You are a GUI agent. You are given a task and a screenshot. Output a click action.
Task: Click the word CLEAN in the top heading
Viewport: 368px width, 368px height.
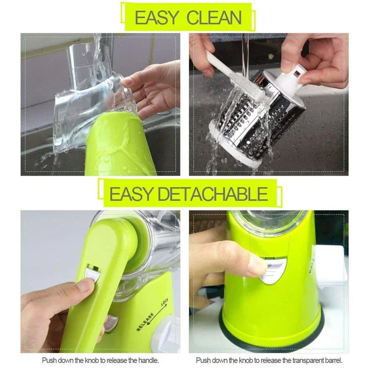click(214, 18)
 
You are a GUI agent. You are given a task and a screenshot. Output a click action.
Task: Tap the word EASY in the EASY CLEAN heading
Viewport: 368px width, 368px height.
click(156, 18)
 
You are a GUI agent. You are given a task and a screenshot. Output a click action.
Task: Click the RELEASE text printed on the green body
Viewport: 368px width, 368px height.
click(145, 322)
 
